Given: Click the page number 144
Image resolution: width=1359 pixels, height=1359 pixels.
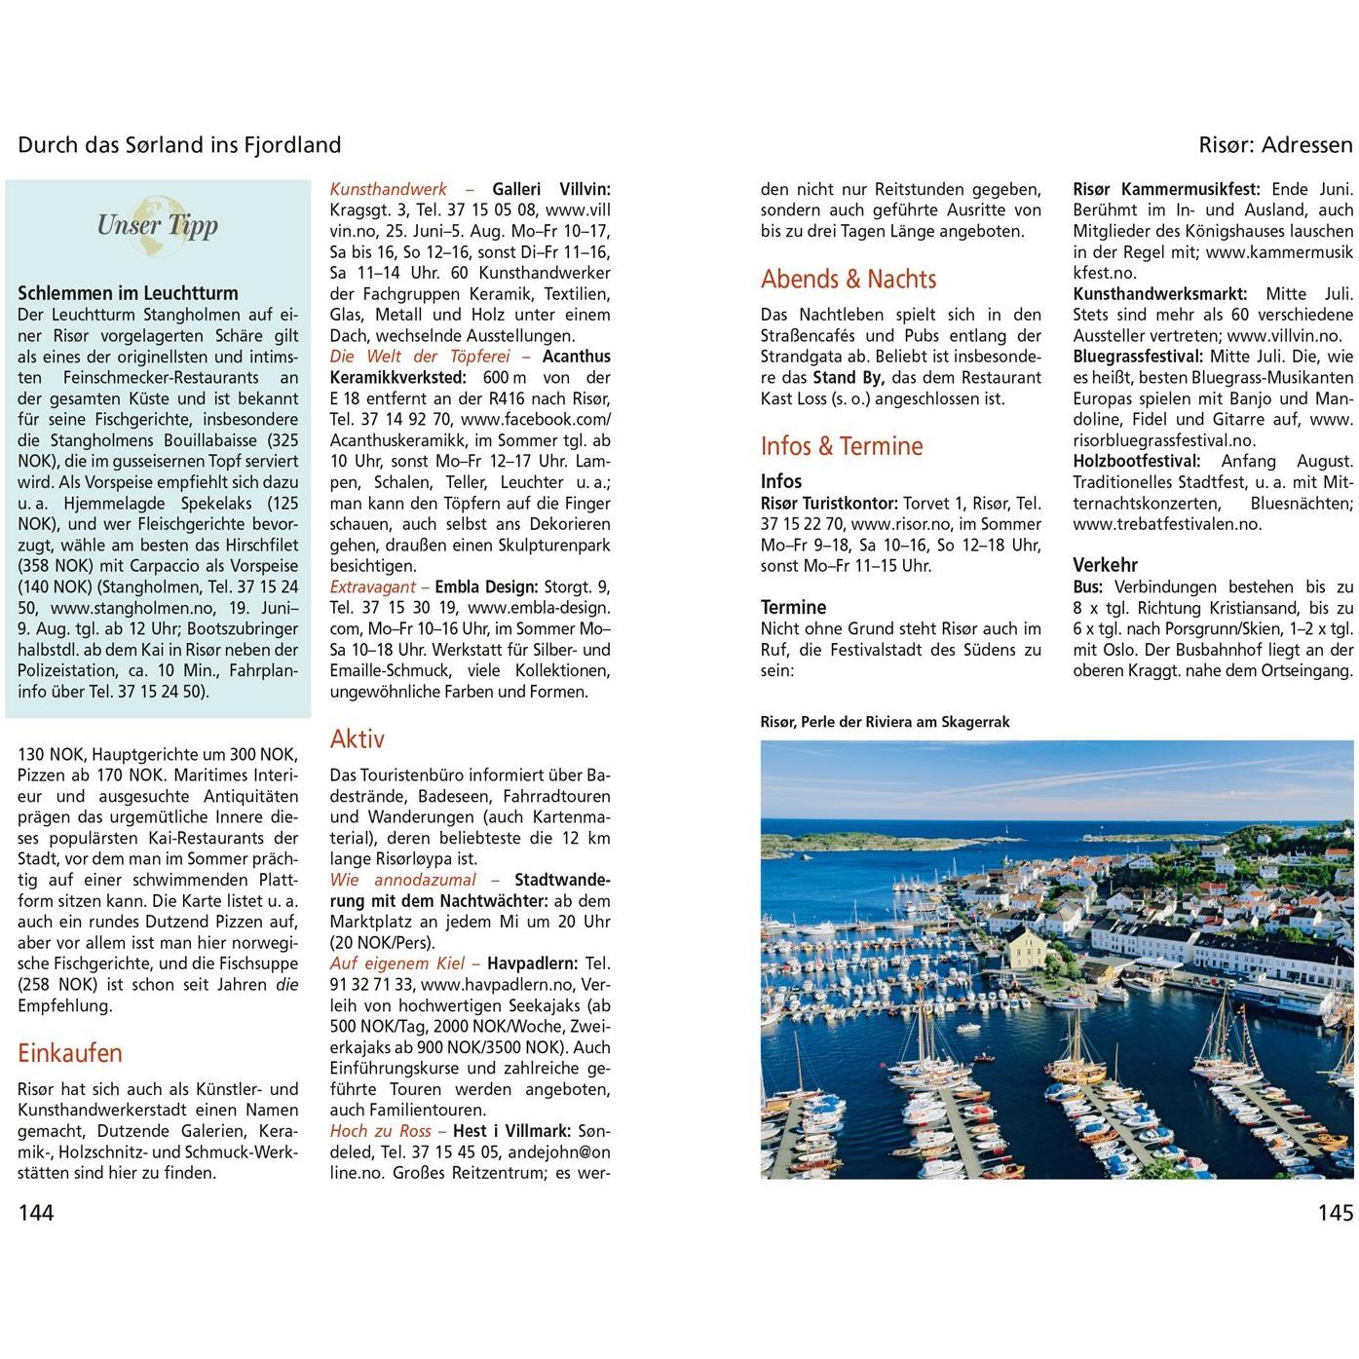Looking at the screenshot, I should click(x=36, y=1212).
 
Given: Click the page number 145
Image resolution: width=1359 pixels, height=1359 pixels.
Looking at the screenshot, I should click(x=1335, y=1212).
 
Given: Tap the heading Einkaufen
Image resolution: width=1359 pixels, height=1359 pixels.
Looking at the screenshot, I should click(x=70, y=1053).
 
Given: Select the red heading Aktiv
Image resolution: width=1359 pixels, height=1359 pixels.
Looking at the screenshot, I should click(x=357, y=738).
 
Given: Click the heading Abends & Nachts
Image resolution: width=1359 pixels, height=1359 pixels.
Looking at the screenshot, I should click(x=848, y=280).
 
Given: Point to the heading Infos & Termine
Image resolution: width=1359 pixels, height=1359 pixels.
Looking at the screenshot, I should click(x=841, y=446).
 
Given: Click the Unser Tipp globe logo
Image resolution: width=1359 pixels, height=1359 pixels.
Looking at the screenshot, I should click(x=157, y=225).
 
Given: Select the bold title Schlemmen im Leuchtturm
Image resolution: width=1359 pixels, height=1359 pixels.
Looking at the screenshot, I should click(x=128, y=293).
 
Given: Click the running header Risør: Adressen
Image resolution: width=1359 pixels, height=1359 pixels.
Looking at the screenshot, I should click(x=1275, y=145).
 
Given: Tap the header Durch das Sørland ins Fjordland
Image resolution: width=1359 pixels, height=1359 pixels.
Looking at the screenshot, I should click(x=179, y=145).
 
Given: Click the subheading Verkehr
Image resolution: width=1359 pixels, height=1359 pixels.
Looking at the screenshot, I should click(x=1105, y=565).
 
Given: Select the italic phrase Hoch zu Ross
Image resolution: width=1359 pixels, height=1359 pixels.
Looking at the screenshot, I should click(x=380, y=1131).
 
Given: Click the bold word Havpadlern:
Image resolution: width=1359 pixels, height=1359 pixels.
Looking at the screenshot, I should click(x=532, y=963).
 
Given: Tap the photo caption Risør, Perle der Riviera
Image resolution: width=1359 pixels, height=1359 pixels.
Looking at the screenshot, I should click(x=885, y=722).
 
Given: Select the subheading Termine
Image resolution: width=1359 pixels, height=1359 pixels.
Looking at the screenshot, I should click(x=793, y=607).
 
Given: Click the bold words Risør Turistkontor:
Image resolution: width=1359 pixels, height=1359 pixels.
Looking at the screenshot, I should click(x=829, y=503).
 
